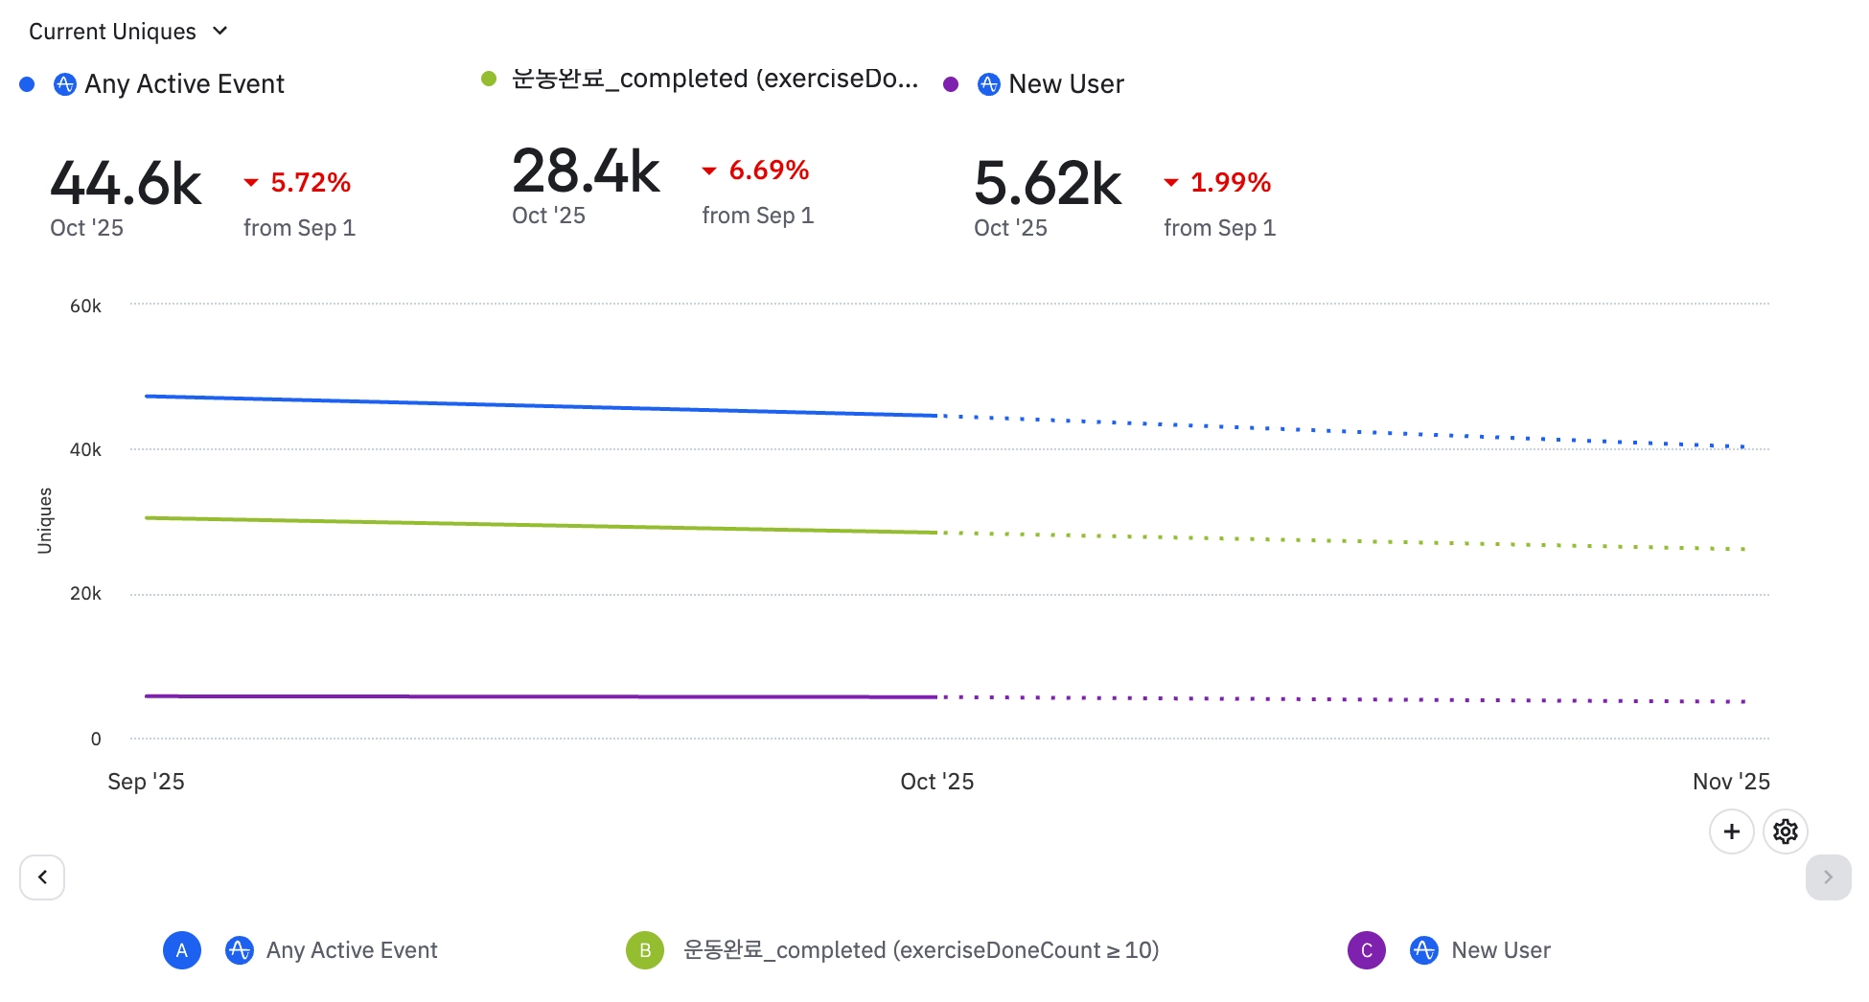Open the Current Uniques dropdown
pos(127,32)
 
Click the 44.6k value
pos(126,183)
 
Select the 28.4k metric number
pos(586,171)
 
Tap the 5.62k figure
pos(1048,183)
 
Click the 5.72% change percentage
pos(310,182)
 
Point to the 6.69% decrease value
pos(769,171)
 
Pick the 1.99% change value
pos(1230,182)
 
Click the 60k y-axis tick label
pos(85,307)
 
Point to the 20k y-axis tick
pos(85,594)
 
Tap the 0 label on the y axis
pos(96,739)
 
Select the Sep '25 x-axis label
pos(146,782)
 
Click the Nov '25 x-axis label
pos(1730,782)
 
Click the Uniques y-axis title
pos(45,520)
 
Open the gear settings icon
pos(1785,831)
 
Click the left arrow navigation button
pos(42,877)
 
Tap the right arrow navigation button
pos(1828,877)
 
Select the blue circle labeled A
pos(182,950)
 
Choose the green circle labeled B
pos(645,950)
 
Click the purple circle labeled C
pos(1367,950)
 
